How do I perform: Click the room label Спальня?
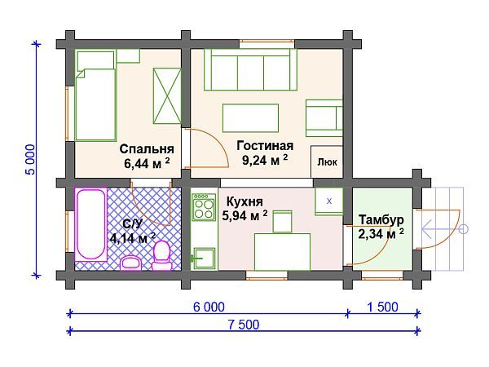click(x=147, y=149)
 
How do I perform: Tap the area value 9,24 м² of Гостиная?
click(x=265, y=161)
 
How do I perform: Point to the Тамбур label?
click(x=381, y=219)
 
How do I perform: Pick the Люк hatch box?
click(x=328, y=161)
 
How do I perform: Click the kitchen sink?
click(x=203, y=259)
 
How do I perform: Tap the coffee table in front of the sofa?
click(x=250, y=117)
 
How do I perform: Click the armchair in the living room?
click(x=324, y=117)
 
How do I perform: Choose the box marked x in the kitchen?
click(x=329, y=200)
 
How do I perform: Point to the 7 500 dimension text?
click(x=242, y=325)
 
